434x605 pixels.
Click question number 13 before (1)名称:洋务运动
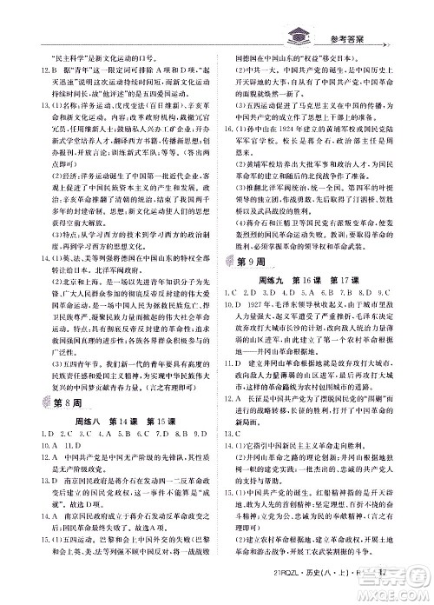coord(32,104)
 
